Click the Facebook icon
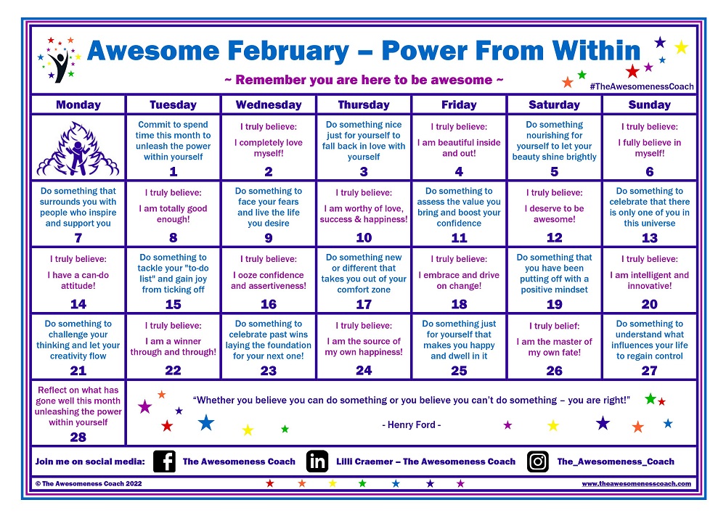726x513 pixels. click(x=164, y=461)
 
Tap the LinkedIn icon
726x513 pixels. click(x=317, y=461)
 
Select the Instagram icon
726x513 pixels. click(x=537, y=461)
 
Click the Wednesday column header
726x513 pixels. click(x=269, y=104)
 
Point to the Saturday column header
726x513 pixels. click(x=554, y=104)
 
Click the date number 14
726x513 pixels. click(x=78, y=304)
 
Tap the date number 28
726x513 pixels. click(x=78, y=437)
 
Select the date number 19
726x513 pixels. click(x=554, y=304)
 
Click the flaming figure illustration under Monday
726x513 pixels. click(x=78, y=149)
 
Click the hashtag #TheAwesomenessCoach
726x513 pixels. click(x=642, y=86)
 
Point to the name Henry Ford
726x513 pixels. click(x=411, y=424)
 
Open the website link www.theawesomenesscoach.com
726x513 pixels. click(x=637, y=484)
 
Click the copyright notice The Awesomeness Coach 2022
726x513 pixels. click(x=89, y=484)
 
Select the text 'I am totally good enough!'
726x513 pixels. click(x=173, y=213)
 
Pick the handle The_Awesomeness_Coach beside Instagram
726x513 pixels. click(x=616, y=461)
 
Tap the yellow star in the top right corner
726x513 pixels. click(x=681, y=47)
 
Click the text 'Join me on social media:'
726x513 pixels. click(x=90, y=461)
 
